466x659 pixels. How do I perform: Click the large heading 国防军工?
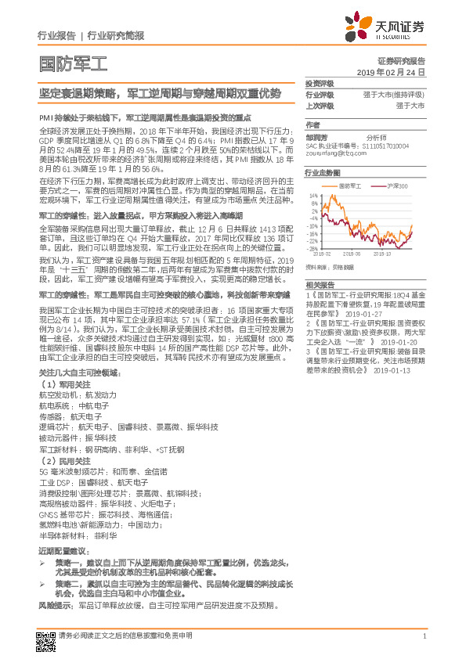click(x=64, y=63)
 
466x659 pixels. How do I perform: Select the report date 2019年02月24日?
click(x=396, y=71)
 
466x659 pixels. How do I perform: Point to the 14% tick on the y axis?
click(x=313, y=196)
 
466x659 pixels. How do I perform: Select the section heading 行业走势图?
click(x=323, y=171)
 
